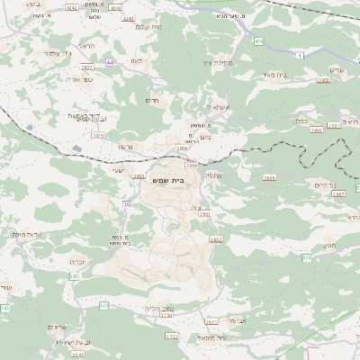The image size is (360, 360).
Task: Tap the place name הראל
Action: coord(86,46)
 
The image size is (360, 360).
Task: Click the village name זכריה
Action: coord(77,262)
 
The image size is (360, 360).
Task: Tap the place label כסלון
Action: coord(301,117)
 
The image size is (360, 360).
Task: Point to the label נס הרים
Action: coord(325,184)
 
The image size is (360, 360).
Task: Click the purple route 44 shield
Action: coord(111,62)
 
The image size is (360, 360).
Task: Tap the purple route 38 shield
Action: coord(127,204)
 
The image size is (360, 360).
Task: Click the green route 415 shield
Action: coord(258,41)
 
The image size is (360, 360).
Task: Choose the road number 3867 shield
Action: coord(338,193)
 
